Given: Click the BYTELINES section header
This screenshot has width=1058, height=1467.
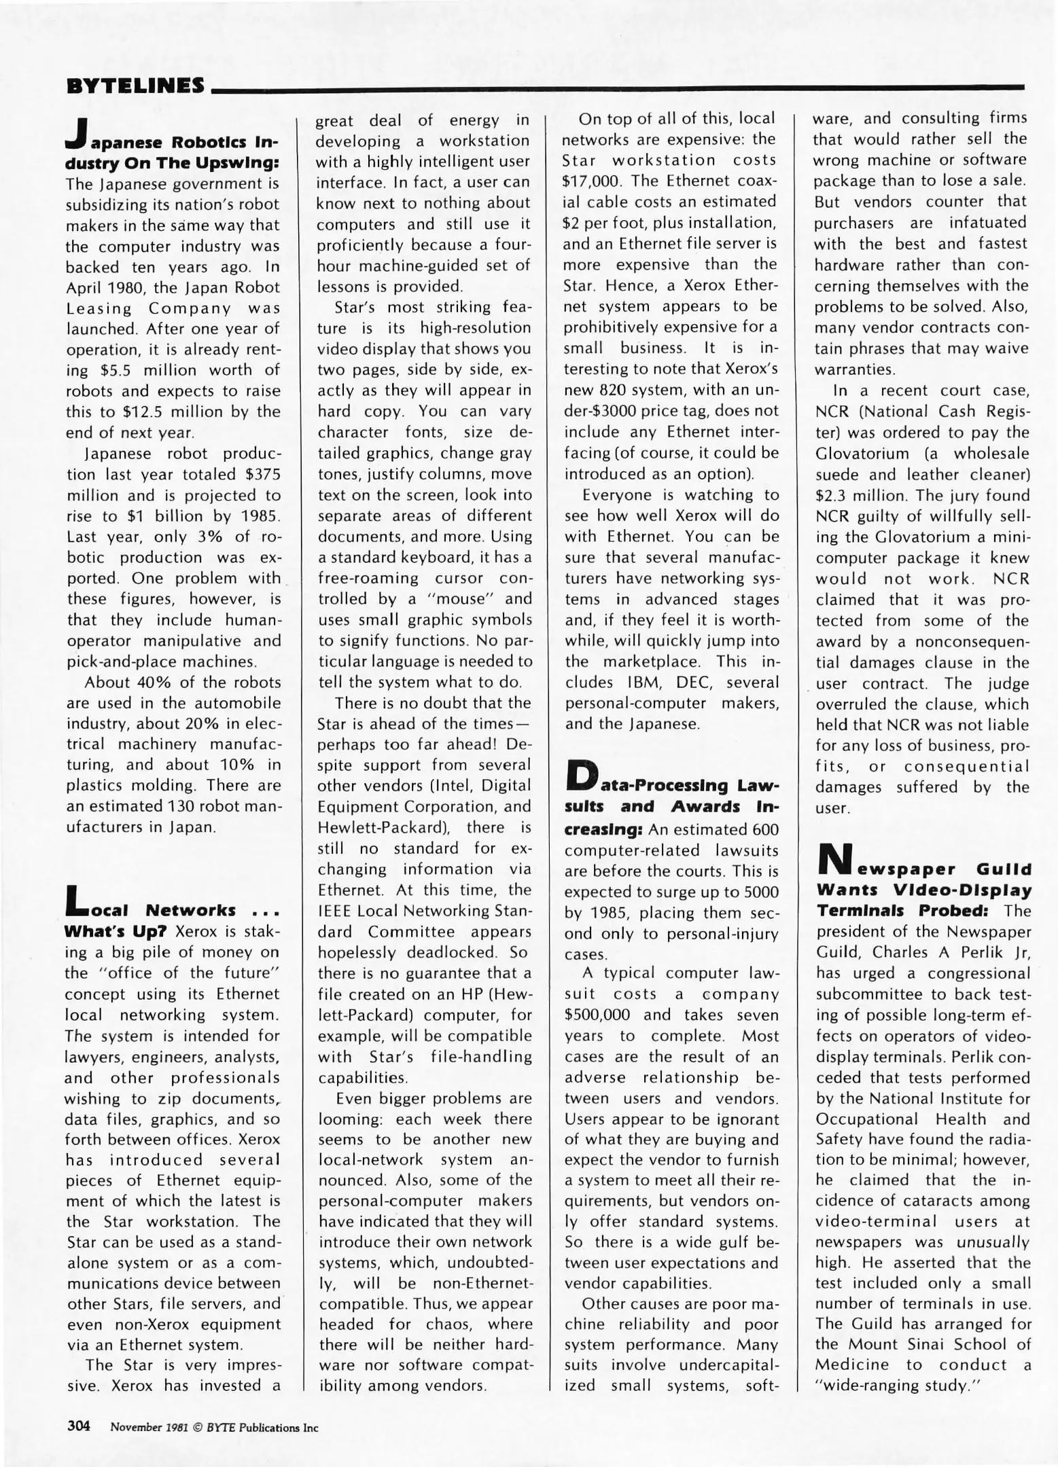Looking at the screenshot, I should tap(134, 86).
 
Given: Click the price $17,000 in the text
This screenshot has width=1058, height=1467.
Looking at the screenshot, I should tap(591, 181).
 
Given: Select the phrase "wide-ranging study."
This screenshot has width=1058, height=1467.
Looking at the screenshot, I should tap(900, 1385).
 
